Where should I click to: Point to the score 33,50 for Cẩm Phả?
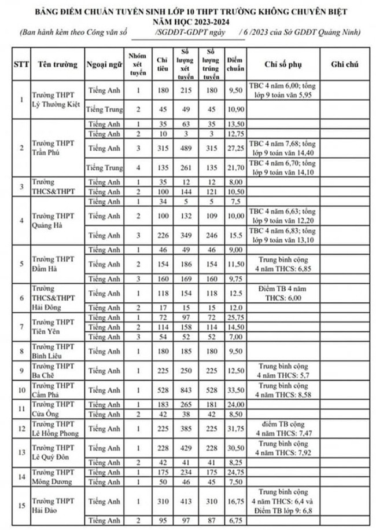point(234,389)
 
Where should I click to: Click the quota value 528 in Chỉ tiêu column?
point(163,389)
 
